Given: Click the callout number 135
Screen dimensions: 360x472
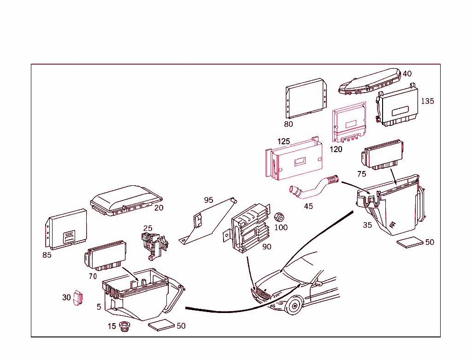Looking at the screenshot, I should coord(427,101).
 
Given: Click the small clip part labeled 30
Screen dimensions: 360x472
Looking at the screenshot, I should coord(78,298).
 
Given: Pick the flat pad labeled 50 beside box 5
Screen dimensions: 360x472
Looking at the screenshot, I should coord(162,326).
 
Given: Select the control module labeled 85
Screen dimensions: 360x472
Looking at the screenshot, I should coord(66,229).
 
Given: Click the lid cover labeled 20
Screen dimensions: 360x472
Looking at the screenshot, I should coord(125,199).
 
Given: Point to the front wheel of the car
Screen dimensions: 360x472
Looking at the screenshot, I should coord(293,306).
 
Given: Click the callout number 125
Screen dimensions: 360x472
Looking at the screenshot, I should coord(283,141).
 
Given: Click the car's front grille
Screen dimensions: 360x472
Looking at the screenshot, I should coord(261,294).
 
